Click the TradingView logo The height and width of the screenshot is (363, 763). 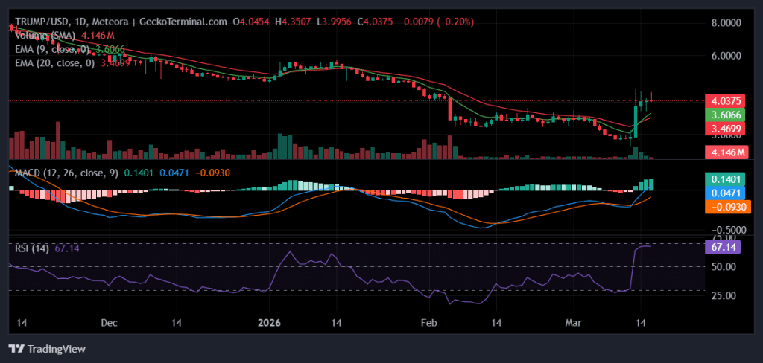tap(47, 348)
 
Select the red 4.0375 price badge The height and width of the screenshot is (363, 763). tap(724, 100)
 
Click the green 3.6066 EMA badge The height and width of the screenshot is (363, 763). tap(724, 115)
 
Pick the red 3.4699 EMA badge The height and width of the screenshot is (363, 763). tap(724, 129)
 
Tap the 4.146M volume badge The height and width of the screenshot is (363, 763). tap(724, 152)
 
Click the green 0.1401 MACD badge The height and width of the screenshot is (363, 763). tap(724, 179)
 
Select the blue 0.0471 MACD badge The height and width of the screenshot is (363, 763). tap(724, 193)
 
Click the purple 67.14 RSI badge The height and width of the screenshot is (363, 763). tap(724, 246)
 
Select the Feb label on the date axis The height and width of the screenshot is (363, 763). tap(428, 324)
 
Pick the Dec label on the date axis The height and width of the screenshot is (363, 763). tap(110, 324)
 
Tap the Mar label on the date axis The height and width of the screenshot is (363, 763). tap(573, 324)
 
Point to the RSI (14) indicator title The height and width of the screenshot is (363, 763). tap(32, 248)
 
